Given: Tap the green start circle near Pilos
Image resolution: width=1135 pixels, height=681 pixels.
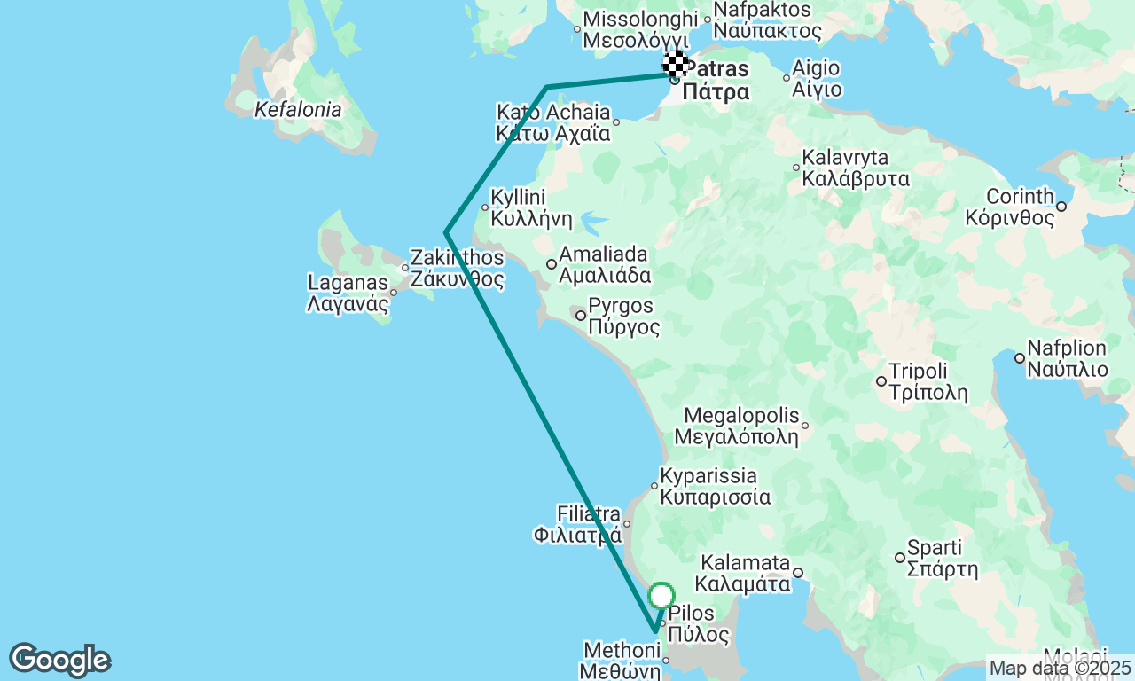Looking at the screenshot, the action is pos(661,595).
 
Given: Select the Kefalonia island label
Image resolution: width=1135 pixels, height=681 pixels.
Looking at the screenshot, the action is pos(297,110).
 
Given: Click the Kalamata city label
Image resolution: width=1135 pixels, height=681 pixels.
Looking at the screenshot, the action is pos(745,573).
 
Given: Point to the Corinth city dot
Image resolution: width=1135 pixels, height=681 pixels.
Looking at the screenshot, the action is pos(1061,207).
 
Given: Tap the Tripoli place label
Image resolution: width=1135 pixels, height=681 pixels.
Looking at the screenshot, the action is pos(918,381).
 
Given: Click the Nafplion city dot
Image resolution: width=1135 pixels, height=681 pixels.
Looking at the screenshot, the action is pos(1020,358).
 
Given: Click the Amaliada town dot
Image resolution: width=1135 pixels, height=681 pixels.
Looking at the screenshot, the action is pos(552,263).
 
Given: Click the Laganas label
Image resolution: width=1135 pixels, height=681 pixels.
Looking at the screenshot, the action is pos(348,294).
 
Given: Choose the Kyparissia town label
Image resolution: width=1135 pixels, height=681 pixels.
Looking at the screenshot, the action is pos(716,486).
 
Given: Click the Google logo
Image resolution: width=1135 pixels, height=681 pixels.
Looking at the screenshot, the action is pos(59,660).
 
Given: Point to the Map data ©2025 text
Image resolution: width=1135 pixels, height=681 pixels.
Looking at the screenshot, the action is pos(1060,668).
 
